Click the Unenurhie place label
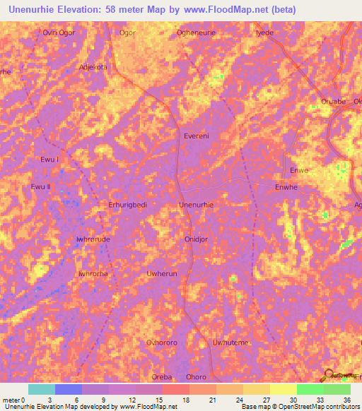(197, 205)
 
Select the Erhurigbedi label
(127, 205)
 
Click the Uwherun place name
(160, 273)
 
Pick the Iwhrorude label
(93, 239)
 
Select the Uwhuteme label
(231, 342)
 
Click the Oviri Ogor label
(59, 32)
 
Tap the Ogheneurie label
(196, 32)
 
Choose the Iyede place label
(264, 32)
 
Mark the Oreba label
(162, 376)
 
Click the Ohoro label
(196, 376)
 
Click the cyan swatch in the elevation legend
(41, 389)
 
